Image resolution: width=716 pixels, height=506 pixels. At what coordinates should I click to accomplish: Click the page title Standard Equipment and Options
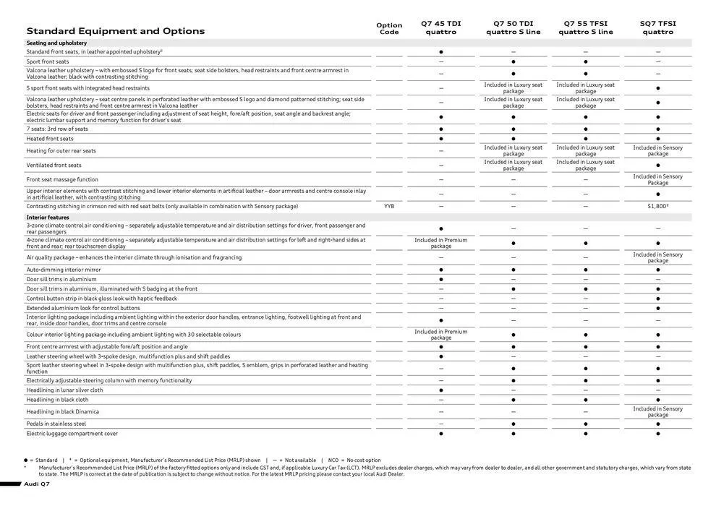tap(116, 31)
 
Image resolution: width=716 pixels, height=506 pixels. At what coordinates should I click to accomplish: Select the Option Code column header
tap(389, 28)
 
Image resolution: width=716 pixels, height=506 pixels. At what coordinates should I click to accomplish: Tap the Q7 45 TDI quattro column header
tap(440, 27)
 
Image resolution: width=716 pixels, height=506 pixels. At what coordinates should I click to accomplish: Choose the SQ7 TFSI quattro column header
tap(657, 27)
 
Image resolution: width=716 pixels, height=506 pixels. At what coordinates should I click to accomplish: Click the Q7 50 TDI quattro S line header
tap(513, 27)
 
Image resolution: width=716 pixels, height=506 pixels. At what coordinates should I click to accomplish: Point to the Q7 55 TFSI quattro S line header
tap(585, 27)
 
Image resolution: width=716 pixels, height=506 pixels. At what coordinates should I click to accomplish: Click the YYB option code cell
tap(389, 206)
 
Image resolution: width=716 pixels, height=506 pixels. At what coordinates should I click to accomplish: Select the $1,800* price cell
tap(657, 206)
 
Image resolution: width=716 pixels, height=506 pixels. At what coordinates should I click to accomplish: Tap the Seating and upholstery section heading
tap(56, 43)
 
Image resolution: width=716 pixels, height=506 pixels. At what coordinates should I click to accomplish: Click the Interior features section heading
tap(48, 217)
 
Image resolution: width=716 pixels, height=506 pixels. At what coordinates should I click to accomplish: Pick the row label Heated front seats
tap(50, 139)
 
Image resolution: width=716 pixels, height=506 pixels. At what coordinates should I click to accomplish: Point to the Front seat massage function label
tap(62, 179)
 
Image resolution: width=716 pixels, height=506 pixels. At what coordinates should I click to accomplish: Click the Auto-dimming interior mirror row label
tap(63, 270)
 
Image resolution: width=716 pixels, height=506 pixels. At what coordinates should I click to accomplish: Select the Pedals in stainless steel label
tap(56, 424)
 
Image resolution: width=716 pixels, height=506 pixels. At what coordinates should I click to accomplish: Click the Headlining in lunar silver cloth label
tap(64, 390)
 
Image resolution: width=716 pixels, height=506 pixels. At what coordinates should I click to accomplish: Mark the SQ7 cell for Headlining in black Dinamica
tap(657, 411)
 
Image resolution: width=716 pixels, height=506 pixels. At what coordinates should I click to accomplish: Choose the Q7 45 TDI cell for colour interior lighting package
tap(440, 335)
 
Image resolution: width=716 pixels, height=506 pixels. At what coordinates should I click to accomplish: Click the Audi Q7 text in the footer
tap(36, 483)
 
